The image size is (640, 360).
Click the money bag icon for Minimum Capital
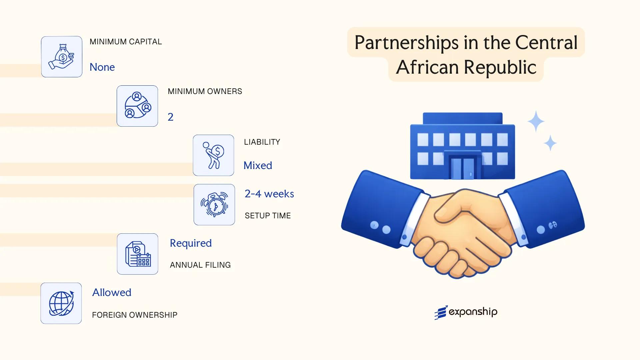pyautogui.click(x=62, y=57)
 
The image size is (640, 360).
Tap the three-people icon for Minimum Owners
pyautogui.click(x=137, y=106)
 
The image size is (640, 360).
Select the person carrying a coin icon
pyautogui.click(x=213, y=155)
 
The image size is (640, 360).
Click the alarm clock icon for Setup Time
pyautogui.click(x=214, y=205)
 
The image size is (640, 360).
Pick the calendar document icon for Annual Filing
pyautogui.click(x=138, y=254)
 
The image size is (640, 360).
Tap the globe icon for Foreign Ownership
pyautogui.click(x=61, y=303)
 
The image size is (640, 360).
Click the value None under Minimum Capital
pyautogui.click(x=102, y=67)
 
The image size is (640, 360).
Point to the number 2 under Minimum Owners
pyautogui.click(x=170, y=117)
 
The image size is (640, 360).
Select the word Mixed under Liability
pyautogui.click(x=258, y=165)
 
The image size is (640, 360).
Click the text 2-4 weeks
pyautogui.click(x=269, y=194)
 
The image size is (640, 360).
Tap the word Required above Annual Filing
pyautogui.click(x=191, y=243)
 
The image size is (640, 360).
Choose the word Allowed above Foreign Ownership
pyautogui.click(x=112, y=292)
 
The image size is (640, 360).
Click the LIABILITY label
pyautogui.click(x=262, y=142)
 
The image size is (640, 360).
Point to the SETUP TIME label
pyautogui.click(x=268, y=216)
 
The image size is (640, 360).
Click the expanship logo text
pyautogui.click(x=473, y=312)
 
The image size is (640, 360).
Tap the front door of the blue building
pyautogui.click(x=462, y=168)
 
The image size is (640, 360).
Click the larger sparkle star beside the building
pyautogui.click(x=536, y=121)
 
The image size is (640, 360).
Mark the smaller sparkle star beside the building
pyautogui.click(x=550, y=143)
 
